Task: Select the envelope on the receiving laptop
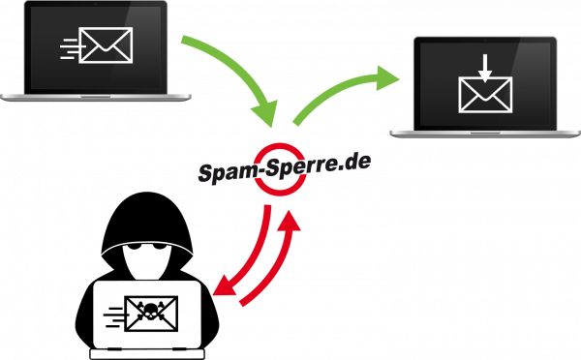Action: point(485,95)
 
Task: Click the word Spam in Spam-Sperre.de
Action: point(224,172)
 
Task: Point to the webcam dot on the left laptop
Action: point(95,4)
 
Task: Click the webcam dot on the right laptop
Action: point(485,40)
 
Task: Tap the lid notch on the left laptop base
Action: point(95,96)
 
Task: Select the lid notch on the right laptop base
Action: point(485,133)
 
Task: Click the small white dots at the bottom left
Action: point(150,315)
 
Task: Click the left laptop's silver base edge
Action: point(48,97)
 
